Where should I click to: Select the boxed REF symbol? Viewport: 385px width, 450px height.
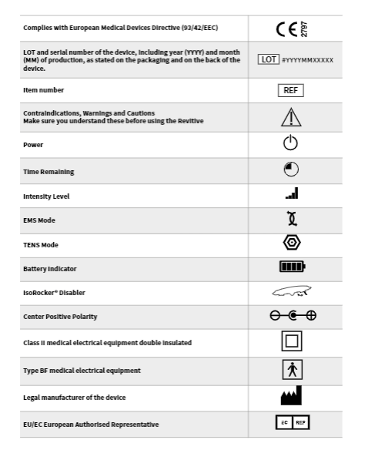pos(291,90)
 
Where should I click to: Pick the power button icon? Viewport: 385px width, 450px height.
pos(291,143)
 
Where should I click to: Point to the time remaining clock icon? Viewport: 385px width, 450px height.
pos(291,170)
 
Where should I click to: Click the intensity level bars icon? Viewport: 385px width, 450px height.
pos(291,196)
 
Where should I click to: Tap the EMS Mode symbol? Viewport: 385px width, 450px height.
pos(291,220)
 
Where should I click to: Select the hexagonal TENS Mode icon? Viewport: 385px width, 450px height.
pos(291,244)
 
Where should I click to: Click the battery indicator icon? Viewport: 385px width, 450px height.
pos(292,268)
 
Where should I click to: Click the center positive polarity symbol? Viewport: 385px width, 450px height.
pos(291,317)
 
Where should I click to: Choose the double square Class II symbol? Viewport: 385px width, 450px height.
pos(292,342)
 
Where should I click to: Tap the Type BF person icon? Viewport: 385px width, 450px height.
pos(292,370)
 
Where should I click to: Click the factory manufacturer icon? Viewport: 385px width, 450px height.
pos(291,396)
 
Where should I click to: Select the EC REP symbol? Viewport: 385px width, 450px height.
pos(291,423)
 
